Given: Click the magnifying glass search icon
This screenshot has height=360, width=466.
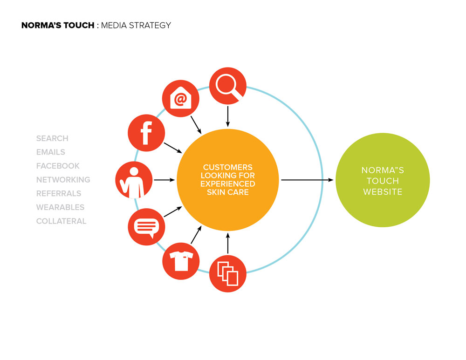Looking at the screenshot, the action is pyautogui.click(x=228, y=86).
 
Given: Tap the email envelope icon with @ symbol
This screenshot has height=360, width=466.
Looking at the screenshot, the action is pyautogui.click(x=181, y=98).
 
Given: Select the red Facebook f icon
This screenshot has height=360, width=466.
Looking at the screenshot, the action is pyautogui.click(x=146, y=133).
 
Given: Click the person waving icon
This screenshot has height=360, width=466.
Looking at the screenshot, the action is pyautogui.click(x=134, y=180).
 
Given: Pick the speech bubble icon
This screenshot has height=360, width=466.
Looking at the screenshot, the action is pyautogui.click(x=146, y=227).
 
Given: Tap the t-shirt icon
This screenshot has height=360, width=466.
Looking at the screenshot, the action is pyautogui.click(x=181, y=261).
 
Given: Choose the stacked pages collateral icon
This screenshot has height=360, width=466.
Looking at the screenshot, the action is pyautogui.click(x=228, y=273).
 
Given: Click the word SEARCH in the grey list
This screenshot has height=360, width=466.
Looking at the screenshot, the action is pyautogui.click(x=52, y=138).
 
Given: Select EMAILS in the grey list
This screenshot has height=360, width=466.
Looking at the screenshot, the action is pyautogui.click(x=50, y=152).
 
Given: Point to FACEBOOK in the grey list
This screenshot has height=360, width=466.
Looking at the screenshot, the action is pyautogui.click(x=58, y=166).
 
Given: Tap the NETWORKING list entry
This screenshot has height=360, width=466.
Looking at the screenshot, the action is pyautogui.click(x=63, y=180).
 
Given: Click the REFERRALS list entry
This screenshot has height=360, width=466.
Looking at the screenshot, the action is pyautogui.click(x=59, y=193).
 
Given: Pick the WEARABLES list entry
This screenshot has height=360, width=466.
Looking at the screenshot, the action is pyautogui.click(x=60, y=207).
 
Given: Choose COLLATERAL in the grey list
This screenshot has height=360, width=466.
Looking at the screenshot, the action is pyautogui.click(x=61, y=221).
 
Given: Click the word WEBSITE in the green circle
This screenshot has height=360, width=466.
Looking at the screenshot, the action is pyautogui.click(x=383, y=192).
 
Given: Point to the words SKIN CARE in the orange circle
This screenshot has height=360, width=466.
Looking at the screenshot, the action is pyautogui.click(x=228, y=192).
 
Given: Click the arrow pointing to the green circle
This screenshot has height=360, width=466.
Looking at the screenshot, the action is pyautogui.click(x=307, y=180).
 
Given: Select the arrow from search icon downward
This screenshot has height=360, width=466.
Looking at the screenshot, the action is pyautogui.click(x=228, y=116).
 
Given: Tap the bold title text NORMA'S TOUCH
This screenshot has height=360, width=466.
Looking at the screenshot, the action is pyautogui.click(x=58, y=25).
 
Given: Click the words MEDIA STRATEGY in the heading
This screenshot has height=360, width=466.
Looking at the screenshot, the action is pyautogui.click(x=136, y=25).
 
